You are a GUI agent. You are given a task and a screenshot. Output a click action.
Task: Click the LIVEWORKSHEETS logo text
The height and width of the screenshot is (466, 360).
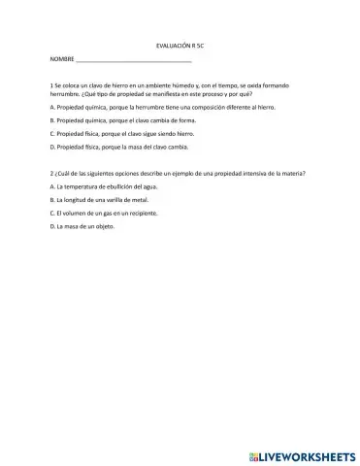(308, 454)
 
